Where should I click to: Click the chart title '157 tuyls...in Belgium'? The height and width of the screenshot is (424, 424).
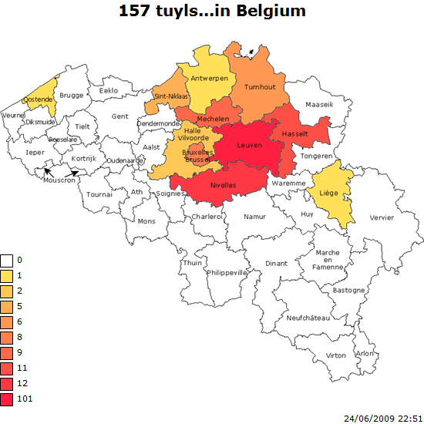(x=212, y=11)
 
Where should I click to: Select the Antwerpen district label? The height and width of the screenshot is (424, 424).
(x=209, y=79)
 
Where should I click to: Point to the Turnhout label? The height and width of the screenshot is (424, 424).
(x=259, y=87)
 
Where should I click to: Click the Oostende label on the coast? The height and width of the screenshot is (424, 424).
(x=38, y=99)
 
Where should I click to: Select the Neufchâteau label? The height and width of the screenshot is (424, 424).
(x=308, y=318)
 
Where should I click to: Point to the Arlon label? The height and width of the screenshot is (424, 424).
(x=364, y=353)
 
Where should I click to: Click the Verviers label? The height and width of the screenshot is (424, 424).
(x=381, y=217)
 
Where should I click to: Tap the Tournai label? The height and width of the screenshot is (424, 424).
(x=99, y=194)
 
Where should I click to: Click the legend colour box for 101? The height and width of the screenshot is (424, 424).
(x=8, y=399)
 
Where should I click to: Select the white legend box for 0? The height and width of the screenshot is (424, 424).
(x=8, y=260)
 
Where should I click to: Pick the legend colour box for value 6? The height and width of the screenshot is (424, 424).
(x=8, y=321)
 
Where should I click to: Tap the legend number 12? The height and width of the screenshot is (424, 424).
(x=22, y=383)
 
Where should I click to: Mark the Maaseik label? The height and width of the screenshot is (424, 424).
(x=320, y=103)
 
